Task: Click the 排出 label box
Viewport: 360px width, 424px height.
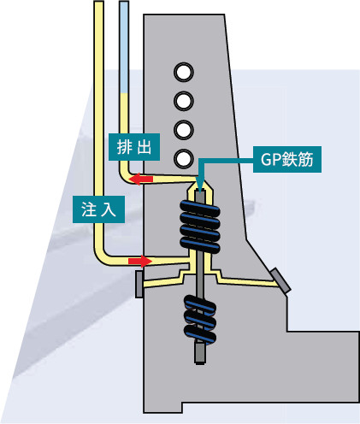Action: coord(134,147)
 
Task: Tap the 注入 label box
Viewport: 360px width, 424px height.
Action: coord(99,209)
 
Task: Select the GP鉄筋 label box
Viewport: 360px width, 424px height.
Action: coord(287,159)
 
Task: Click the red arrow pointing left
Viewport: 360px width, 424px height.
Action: coord(141,179)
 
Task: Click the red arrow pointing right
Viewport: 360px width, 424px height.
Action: coord(140,261)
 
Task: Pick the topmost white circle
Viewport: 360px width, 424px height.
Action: coord(184,73)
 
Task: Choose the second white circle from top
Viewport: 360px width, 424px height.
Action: coord(184,101)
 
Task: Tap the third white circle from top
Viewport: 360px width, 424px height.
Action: coord(184,130)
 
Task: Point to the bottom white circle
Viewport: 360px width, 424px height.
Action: coord(184,159)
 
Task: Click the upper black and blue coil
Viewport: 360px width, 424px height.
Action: coord(200,227)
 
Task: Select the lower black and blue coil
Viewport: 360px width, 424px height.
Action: coord(200,319)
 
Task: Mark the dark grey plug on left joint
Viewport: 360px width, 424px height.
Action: coord(139,285)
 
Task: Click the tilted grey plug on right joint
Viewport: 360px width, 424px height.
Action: coord(280,280)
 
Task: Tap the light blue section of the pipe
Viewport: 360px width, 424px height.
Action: coord(124,47)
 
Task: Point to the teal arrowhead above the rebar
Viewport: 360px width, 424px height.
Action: coord(200,188)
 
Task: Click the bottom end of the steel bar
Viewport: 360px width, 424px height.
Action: coord(200,363)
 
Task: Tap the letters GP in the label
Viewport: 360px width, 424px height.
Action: coord(270,160)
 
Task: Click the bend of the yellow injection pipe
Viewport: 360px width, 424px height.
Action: coord(101,256)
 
